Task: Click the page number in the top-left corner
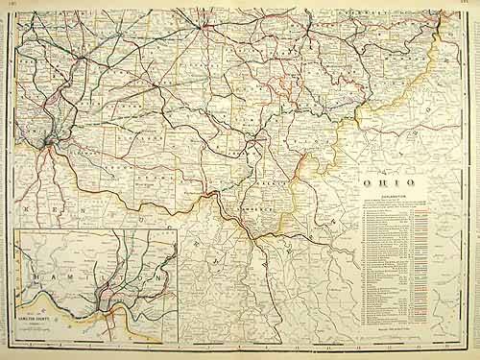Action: pos(9,5)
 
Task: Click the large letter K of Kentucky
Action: pos(28,205)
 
